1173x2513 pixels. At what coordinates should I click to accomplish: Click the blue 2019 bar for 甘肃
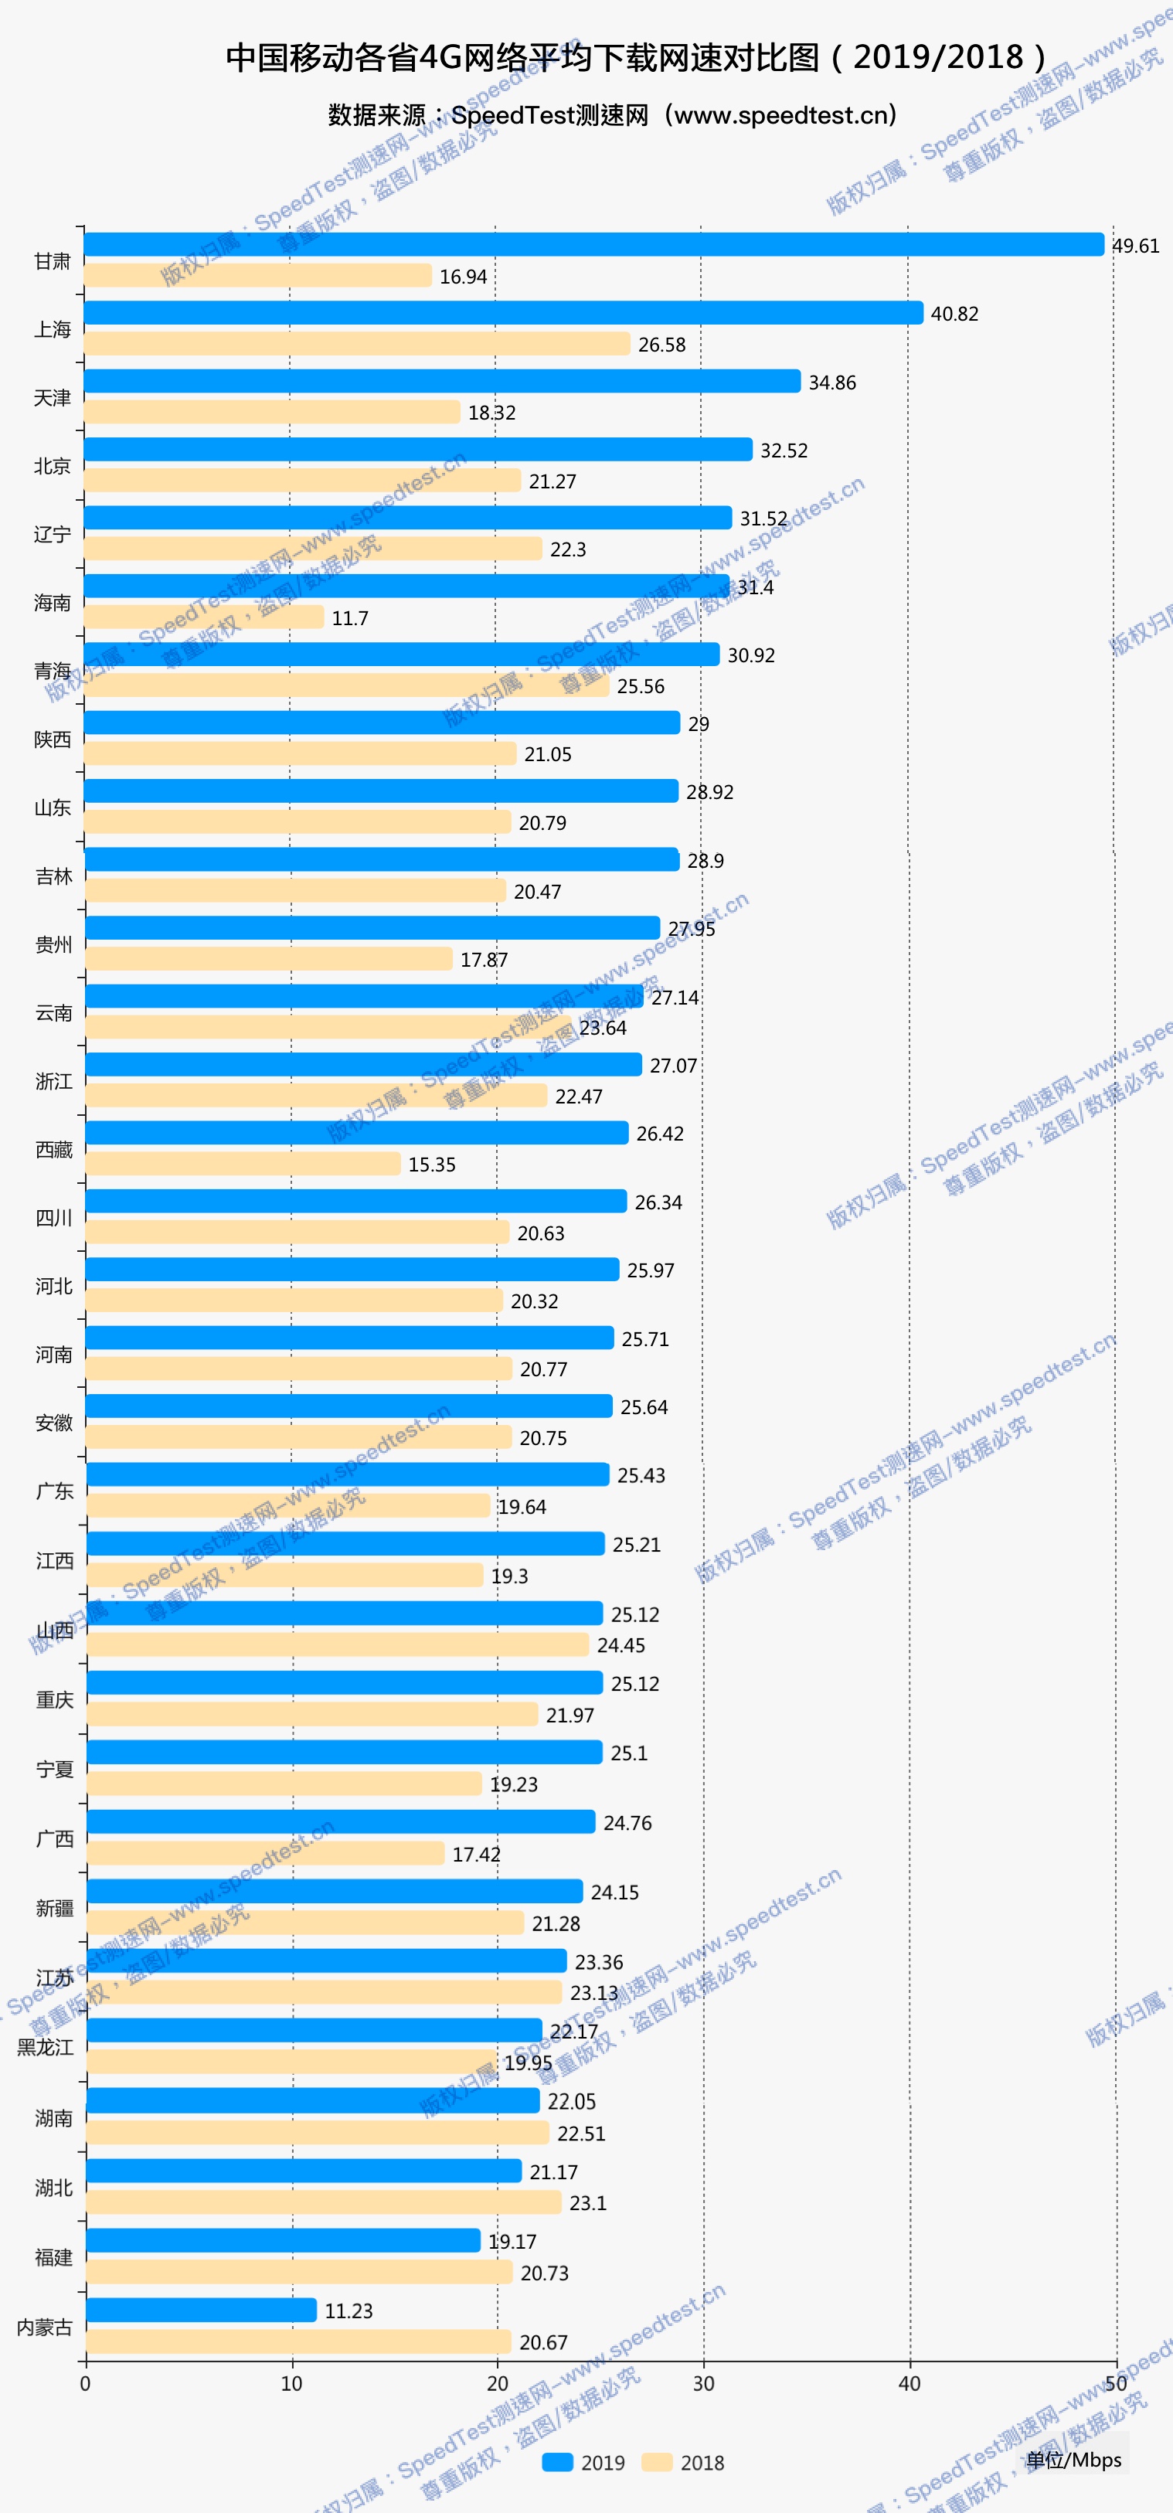tap(593, 244)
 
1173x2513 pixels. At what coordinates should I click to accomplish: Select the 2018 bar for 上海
tap(357, 343)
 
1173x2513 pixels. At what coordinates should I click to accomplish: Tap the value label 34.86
tap(831, 383)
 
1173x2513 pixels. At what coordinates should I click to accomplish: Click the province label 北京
tap(53, 466)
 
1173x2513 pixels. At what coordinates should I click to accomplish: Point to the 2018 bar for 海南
tap(204, 617)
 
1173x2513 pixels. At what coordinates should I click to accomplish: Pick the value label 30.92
tap(750, 655)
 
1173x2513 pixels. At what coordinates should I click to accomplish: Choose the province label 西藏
tap(53, 1150)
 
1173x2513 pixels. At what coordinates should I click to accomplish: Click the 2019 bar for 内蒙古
tap(201, 2310)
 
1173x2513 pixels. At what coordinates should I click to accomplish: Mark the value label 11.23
tap(348, 2311)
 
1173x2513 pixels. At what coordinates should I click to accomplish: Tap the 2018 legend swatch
tap(657, 2462)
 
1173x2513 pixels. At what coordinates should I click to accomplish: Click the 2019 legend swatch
tap(557, 2462)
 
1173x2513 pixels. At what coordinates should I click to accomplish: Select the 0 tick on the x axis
tap(86, 2383)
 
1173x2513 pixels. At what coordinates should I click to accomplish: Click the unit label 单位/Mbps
tap(1073, 2460)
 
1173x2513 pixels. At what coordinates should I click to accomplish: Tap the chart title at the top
tap(635, 57)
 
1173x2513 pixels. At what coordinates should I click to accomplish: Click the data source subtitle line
tap(612, 115)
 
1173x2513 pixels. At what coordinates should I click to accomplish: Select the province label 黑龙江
tap(45, 2048)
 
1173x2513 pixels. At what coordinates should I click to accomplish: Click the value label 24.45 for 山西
tap(620, 1646)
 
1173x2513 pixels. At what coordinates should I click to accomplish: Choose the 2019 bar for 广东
tap(348, 1474)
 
